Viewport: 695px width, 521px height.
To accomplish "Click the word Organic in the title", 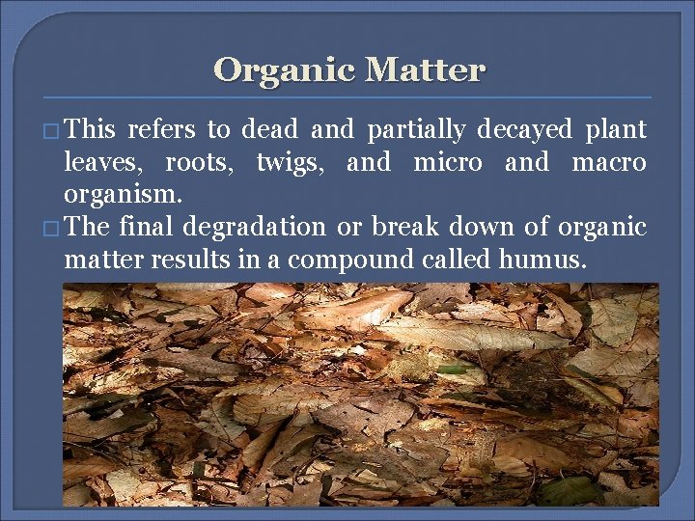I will click(283, 70).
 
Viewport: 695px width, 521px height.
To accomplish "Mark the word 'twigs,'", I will click(292, 162).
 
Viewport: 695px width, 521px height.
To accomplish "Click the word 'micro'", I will click(448, 162).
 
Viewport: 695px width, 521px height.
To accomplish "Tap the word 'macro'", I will click(608, 162).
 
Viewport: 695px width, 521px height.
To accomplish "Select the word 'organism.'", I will click(123, 194).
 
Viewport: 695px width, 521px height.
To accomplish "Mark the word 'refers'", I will click(161, 130).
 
